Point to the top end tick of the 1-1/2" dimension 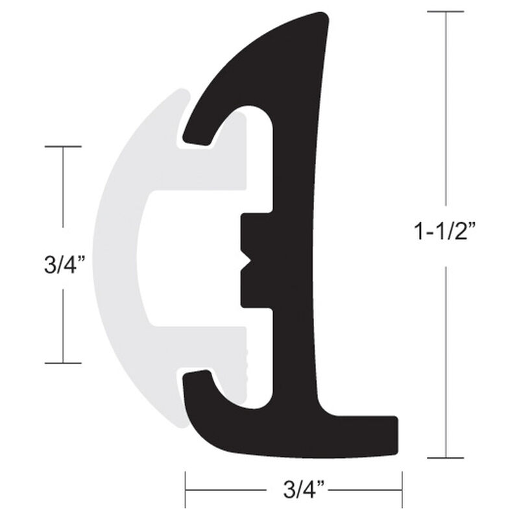tap(445, 12)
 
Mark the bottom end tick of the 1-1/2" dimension tap(445, 458)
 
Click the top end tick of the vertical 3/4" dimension tap(63, 147)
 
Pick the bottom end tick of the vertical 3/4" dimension tap(63, 363)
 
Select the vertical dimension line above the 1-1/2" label tap(445, 117)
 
